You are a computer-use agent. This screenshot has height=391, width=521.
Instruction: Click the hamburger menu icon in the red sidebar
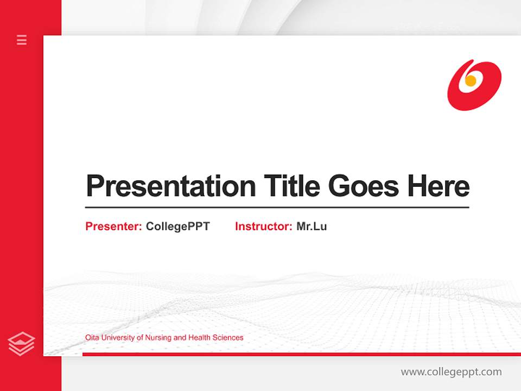coord(22,40)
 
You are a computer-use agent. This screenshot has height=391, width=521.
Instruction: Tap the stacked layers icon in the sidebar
coord(21,344)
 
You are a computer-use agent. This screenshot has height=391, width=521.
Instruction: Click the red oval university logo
coord(474,85)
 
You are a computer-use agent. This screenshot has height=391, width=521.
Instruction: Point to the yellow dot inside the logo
coord(471,81)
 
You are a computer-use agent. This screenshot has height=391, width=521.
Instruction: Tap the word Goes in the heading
coord(364,186)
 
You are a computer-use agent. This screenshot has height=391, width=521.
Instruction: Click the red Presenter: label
coord(113,226)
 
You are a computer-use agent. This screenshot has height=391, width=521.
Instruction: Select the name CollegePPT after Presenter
coord(177,226)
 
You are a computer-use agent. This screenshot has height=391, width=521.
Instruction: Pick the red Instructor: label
coord(263,226)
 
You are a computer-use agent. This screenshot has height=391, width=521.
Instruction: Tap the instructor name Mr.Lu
coord(312,226)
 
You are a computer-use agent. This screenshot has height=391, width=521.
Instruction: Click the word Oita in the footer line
coord(92,338)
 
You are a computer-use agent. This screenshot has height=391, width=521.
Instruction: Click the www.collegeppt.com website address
coord(451,372)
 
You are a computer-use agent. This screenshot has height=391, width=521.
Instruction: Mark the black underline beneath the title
coord(277,207)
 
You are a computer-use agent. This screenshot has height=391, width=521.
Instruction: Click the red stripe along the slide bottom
coord(301,354)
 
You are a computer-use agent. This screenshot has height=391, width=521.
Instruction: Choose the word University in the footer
coord(118,338)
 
